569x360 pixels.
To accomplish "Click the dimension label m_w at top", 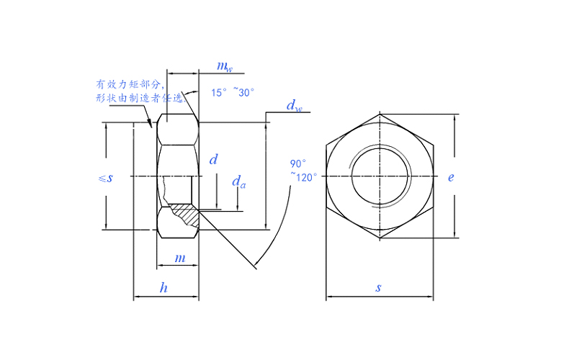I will [225, 67].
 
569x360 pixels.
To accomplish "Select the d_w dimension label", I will [294, 107].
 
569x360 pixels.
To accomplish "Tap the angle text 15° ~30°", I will [233, 92].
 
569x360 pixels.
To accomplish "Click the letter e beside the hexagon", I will [451, 176].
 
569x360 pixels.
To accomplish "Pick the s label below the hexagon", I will [378, 288].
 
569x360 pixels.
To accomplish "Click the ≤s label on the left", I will [105, 177].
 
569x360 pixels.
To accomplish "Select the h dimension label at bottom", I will [164, 288].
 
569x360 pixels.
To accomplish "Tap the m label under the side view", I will [180, 257].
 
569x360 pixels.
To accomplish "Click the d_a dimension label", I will [238, 183].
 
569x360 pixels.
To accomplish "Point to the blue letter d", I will [213, 160].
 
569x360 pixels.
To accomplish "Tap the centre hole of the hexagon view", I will [380, 176].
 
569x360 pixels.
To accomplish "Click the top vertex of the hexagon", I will [380, 114].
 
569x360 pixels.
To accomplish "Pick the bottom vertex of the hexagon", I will [380, 238].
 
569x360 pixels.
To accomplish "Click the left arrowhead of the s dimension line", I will [328, 297].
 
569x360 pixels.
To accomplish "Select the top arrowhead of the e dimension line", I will [455, 117].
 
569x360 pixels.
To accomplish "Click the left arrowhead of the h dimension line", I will [136, 297].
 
